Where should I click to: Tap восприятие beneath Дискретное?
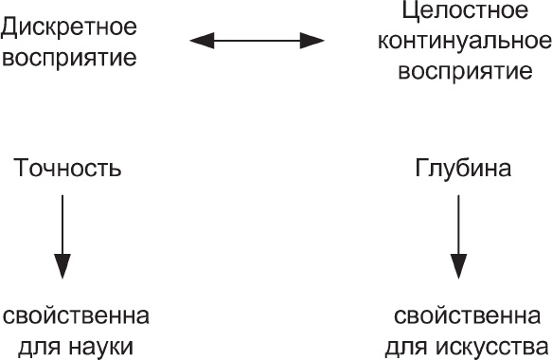(69, 58)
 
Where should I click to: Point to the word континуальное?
(471, 42)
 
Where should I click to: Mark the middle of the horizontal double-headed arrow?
(258, 41)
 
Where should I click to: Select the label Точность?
(67, 171)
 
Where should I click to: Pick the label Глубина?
(463, 171)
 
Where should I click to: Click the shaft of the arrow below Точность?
(62, 223)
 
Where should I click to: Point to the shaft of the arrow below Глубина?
(459, 223)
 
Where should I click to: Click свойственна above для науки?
(75, 316)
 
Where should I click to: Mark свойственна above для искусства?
(470, 316)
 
